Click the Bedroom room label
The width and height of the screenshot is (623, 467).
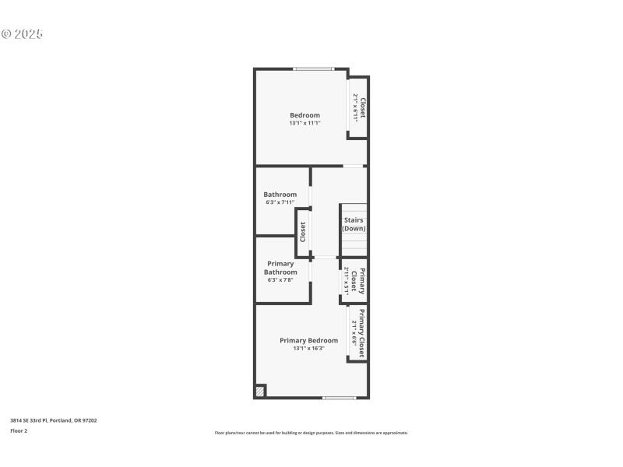304,115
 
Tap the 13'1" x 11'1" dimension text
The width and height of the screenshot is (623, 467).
304,123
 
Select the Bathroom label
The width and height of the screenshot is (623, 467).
280,195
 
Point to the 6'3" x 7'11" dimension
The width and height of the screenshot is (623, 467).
280,202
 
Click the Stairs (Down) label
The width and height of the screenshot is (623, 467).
354,224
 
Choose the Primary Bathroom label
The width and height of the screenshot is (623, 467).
280,268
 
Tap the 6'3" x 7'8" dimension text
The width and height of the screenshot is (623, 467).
280,279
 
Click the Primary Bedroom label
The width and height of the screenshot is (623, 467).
308,340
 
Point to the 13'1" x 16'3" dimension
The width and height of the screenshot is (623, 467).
308,349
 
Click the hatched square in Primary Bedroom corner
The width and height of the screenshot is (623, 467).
260,392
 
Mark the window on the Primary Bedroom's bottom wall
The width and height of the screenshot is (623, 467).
339,398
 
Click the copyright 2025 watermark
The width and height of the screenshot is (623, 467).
22,34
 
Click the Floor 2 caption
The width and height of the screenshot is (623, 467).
19,430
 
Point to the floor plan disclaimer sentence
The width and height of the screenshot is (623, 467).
311,433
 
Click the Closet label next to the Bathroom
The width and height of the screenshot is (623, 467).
303,232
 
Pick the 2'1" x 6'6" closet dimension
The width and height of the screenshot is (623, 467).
354,332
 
